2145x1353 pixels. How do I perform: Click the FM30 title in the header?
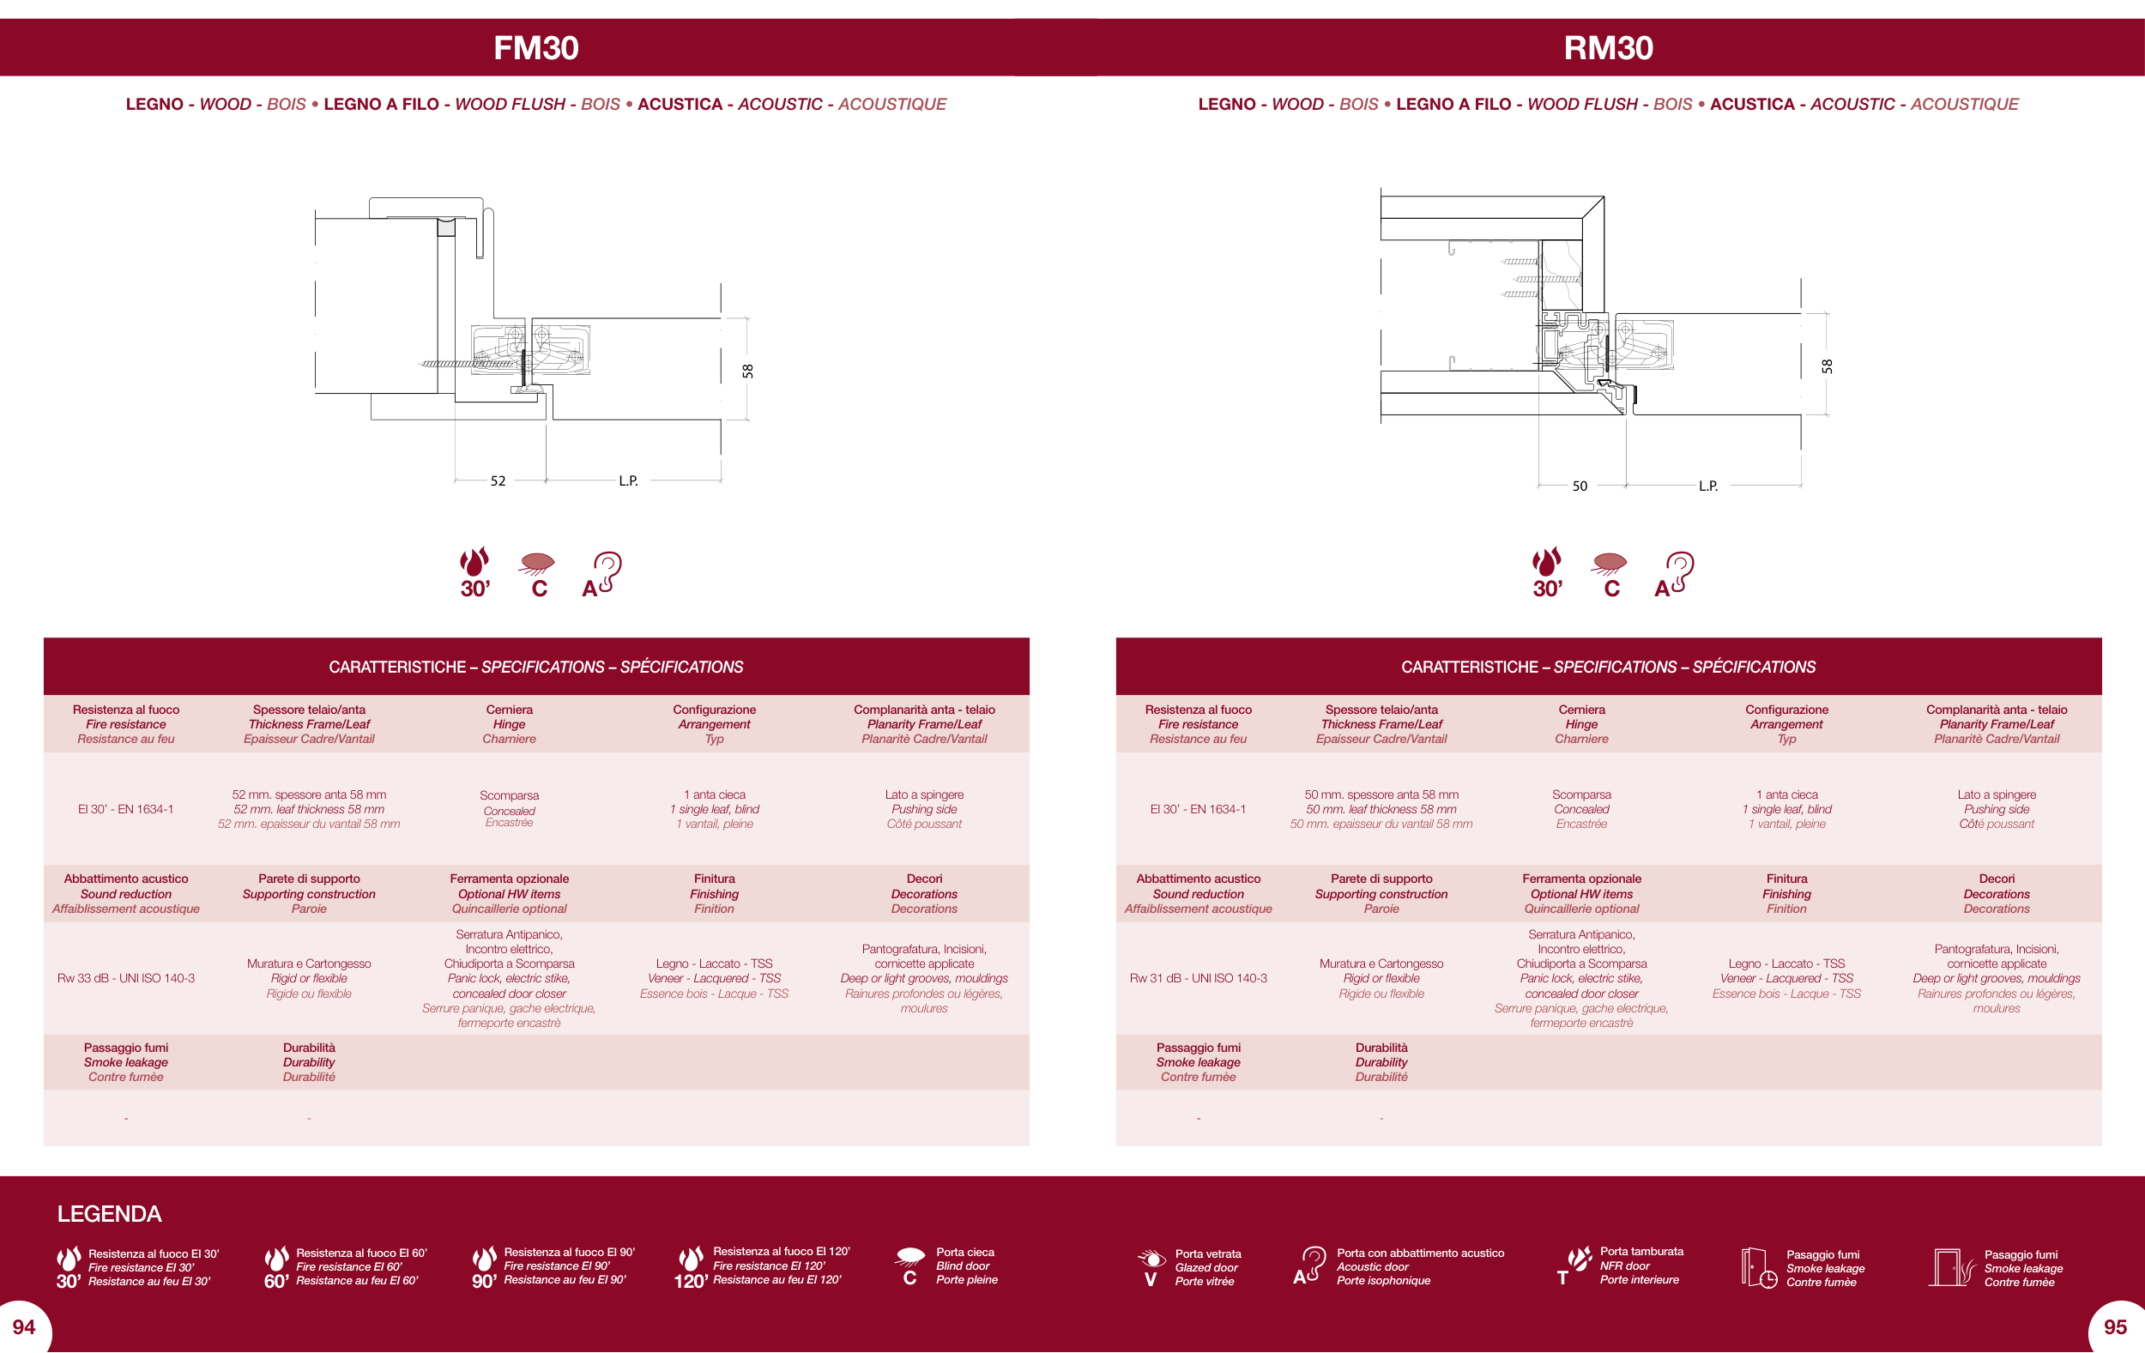(536, 48)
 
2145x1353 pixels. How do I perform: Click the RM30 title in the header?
(1609, 48)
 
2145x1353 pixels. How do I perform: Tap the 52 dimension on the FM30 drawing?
(498, 481)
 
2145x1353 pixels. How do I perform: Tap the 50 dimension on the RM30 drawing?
(1580, 486)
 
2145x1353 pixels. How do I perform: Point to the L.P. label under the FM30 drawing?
(629, 481)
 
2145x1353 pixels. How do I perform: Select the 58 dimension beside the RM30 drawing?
(1827, 366)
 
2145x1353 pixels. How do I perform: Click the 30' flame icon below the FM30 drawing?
(474, 572)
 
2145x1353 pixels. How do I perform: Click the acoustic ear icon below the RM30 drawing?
(1675, 574)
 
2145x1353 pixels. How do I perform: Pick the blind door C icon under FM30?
(538, 575)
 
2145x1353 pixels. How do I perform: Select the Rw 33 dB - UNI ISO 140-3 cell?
(125, 978)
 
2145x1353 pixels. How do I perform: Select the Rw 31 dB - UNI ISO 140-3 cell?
(1198, 978)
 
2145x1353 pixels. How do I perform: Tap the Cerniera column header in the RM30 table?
(1582, 724)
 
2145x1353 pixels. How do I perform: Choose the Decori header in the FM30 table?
(925, 893)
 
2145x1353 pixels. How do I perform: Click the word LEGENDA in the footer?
(110, 1214)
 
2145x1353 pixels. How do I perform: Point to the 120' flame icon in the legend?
(691, 1267)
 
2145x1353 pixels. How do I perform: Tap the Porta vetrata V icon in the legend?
(1151, 1268)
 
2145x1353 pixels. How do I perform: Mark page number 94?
(24, 1327)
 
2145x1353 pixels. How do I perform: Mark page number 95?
(2116, 1327)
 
